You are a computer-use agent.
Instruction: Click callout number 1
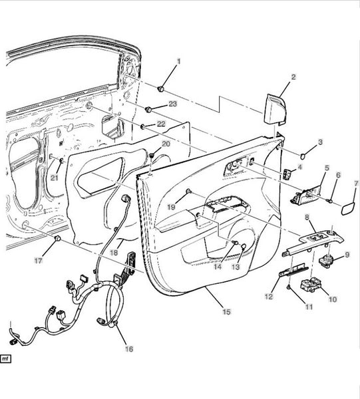(178, 61)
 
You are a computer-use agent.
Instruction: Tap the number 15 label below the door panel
(226, 311)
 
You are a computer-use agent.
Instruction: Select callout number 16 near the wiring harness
(129, 349)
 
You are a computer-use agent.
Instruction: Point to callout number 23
(172, 104)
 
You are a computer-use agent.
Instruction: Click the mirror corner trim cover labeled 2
(275, 109)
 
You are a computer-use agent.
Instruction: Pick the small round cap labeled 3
(303, 156)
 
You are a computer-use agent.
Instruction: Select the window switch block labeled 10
(311, 285)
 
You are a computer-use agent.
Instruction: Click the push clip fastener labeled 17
(58, 239)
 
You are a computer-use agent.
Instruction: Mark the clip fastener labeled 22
(143, 126)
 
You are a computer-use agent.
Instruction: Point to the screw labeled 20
(152, 155)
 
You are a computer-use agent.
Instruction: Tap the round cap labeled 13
(243, 246)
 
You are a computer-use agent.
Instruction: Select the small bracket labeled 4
(286, 174)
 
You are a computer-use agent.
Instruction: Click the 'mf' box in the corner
(5, 359)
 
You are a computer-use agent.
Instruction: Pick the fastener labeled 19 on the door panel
(189, 191)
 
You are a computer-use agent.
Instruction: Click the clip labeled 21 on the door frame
(61, 160)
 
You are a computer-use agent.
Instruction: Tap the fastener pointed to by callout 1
(160, 89)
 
